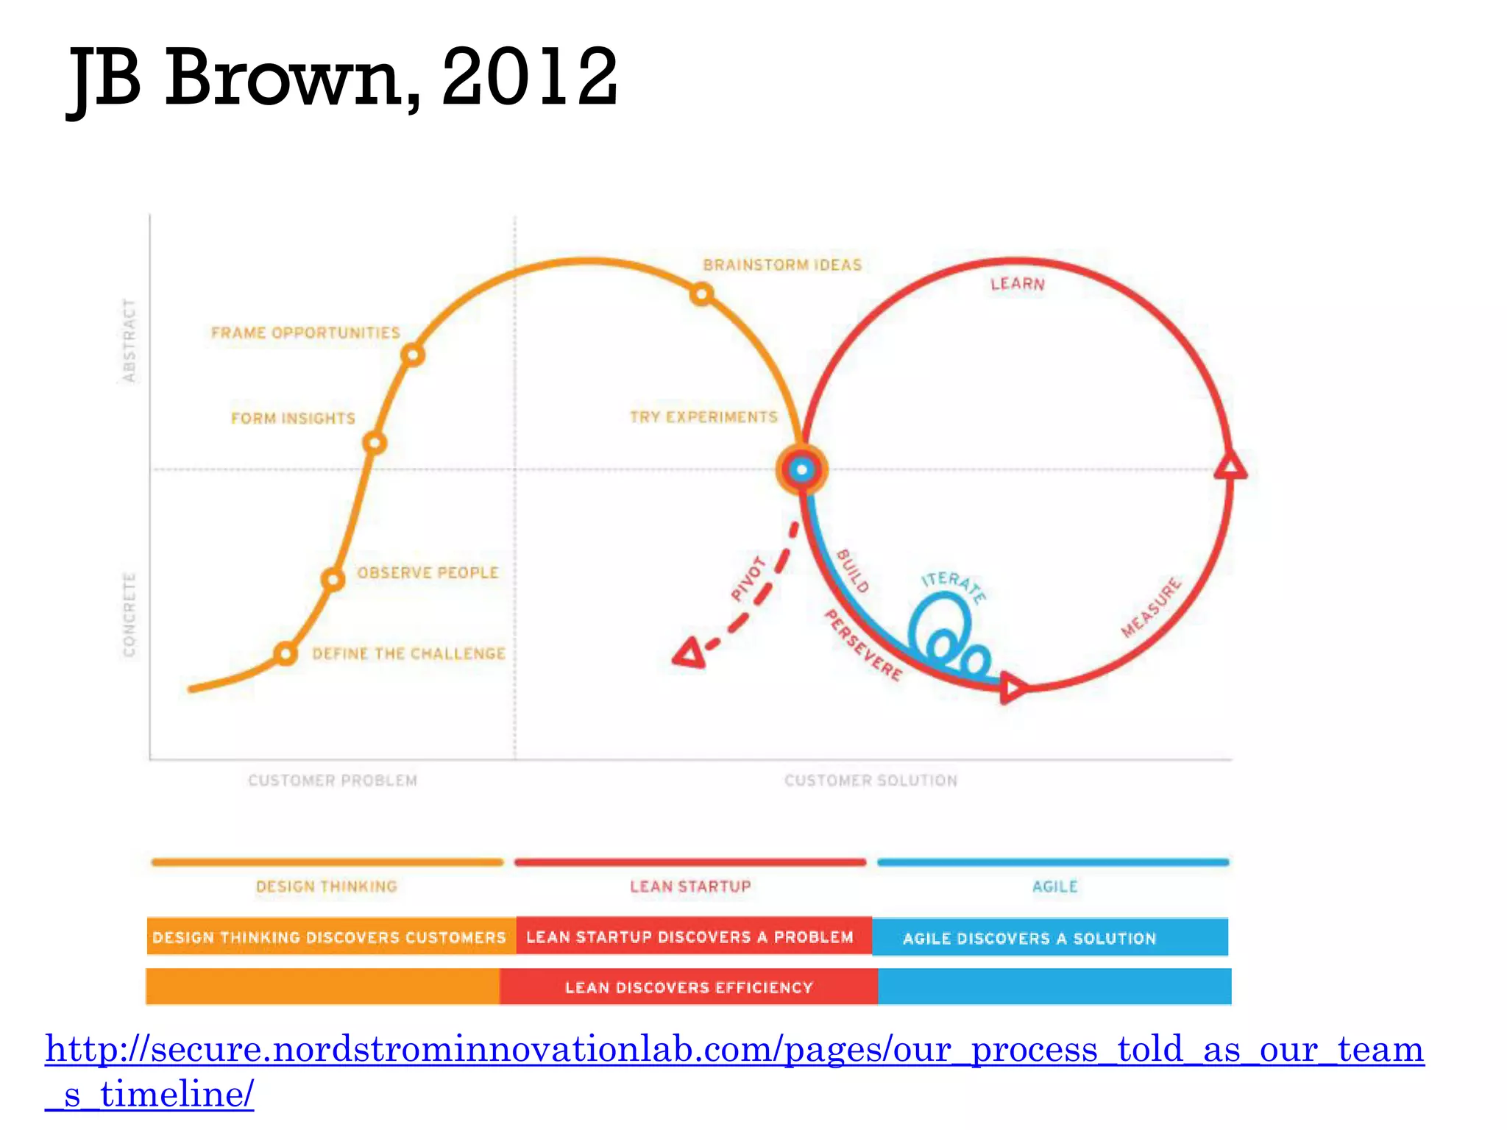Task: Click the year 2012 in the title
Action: [x=530, y=77]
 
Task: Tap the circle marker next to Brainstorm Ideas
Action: [x=701, y=295]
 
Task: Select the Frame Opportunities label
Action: [x=305, y=333]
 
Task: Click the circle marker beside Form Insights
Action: [x=375, y=444]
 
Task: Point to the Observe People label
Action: [x=428, y=572]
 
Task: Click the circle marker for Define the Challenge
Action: [x=286, y=653]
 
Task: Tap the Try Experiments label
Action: [x=703, y=417]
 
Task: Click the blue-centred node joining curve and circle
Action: [x=802, y=469]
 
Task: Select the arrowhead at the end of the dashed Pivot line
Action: [x=690, y=653]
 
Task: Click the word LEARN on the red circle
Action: [x=1017, y=284]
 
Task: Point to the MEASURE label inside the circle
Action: [x=1151, y=608]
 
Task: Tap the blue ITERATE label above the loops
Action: [x=954, y=586]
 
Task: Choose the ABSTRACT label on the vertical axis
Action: [x=130, y=340]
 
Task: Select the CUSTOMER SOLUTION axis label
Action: [x=870, y=781]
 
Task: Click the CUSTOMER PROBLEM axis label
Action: [x=333, y=781]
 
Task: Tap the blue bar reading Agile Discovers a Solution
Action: [x=1050, y=937]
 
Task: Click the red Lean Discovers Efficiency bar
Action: [x=689, y=987]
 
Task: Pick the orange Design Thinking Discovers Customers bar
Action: [x=330, y=937]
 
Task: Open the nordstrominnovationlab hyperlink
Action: [x=734, y=1051]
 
